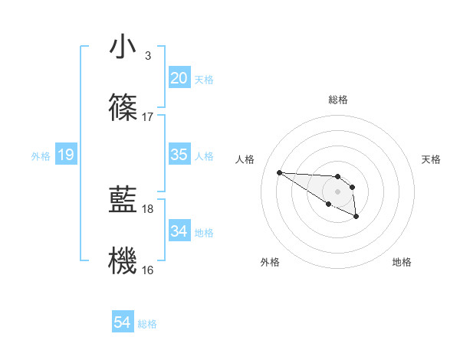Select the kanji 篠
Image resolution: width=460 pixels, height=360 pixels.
click(123, 109)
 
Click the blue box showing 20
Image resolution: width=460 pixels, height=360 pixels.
click(179, 78)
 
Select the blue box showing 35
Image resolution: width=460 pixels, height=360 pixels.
click(179, 155)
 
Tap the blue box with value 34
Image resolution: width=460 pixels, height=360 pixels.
click(179, 231)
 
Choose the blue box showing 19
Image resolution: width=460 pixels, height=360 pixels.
click(65, 155)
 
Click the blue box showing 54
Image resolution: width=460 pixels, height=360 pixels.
click(122, 322)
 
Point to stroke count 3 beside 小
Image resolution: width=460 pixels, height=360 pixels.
click(148, 56)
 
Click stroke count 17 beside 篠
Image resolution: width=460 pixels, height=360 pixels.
click(148, 117)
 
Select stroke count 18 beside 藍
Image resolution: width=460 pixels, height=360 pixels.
click(148, 208)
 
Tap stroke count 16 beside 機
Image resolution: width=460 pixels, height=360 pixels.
click(148, 270)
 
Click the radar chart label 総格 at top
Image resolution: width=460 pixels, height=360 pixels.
click(338, 100)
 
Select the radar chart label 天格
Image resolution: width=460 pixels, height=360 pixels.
click(432, 159)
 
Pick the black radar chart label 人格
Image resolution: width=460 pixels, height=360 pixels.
click(245, 159)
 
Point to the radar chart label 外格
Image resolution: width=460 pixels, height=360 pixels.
click(270, 262)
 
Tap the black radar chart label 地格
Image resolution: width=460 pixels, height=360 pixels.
click(402, 262)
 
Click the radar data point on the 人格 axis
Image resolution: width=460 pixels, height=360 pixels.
click(279, 172)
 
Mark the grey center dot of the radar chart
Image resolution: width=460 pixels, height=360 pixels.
click(338, 191)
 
